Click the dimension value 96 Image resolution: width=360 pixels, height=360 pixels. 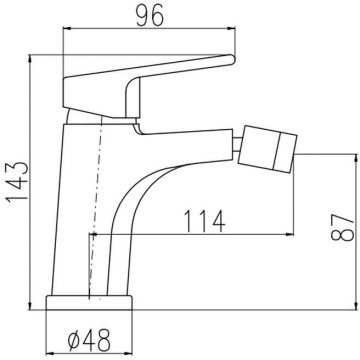(x=150, y=16)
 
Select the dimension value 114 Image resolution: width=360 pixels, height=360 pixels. (x=204, y=222)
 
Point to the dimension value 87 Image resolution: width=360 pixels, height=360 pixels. (x=342, y=228)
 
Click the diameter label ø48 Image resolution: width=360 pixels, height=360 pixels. (x=89, y=340)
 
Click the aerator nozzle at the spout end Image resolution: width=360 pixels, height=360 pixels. (x=267, y=149)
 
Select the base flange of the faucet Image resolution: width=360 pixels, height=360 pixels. (x=89, y=303)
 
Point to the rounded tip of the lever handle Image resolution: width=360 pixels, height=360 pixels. (x=232, y=59)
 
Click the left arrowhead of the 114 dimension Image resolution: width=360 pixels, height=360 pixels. (x=93, y=234)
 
